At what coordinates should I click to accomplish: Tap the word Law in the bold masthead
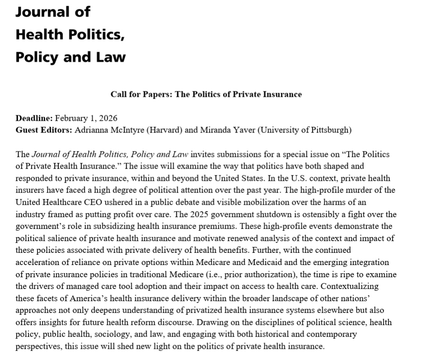click(111, 57)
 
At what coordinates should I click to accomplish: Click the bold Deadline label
click(34, 118)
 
